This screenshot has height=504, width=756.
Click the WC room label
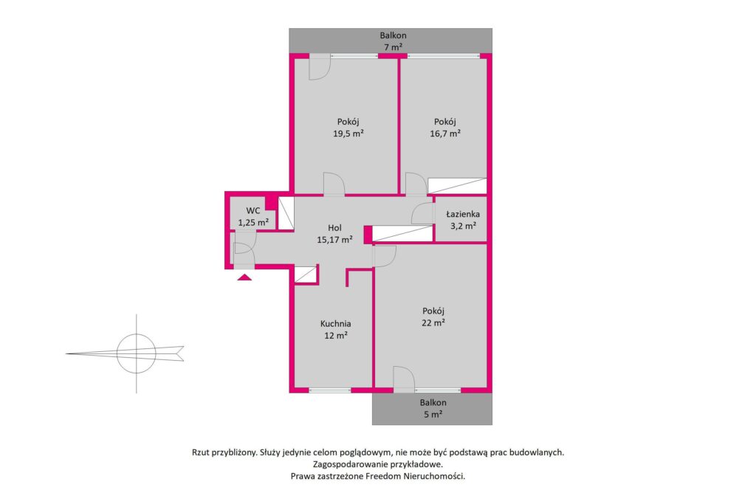253,210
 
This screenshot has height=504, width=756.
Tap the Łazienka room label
463,214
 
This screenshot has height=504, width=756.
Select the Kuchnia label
336,324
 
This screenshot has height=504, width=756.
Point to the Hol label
334,228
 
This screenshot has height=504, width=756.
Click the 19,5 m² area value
348,134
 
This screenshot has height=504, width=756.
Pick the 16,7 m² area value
445,134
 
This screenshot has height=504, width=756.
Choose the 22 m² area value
433,322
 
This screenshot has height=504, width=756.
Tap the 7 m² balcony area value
393,47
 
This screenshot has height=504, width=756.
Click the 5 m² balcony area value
433,415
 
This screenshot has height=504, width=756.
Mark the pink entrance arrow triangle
244,277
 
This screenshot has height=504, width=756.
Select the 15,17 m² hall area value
334,240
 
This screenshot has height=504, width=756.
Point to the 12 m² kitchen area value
336,335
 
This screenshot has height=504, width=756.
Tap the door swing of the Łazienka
422,213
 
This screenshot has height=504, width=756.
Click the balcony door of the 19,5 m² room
319,66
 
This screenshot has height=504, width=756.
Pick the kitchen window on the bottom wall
330,390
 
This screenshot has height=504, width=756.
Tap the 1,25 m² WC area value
253,223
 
